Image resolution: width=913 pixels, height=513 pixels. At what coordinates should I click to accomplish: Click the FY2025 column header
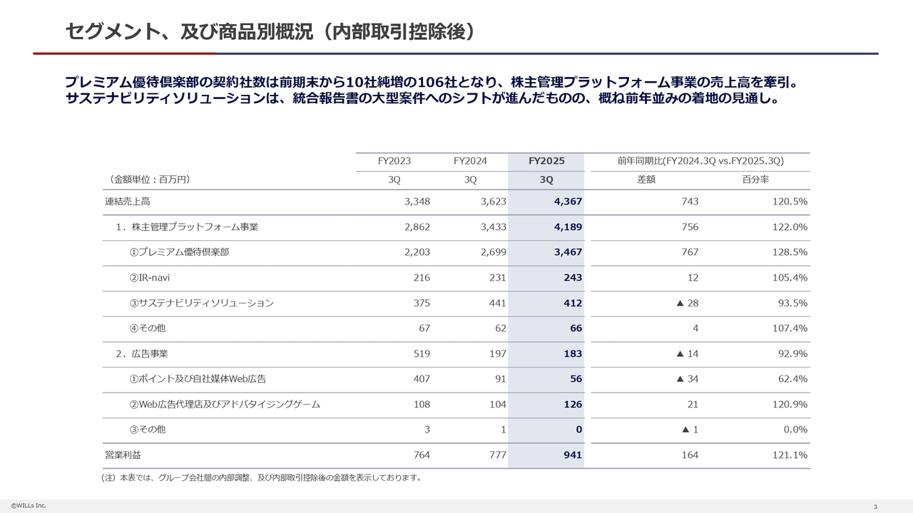(546, 161)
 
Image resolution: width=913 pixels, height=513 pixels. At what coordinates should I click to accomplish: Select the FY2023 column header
(394, 161)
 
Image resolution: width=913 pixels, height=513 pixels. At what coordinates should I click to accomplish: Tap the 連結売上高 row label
(128, 202)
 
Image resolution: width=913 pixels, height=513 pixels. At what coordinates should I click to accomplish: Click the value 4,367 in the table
(568, 202)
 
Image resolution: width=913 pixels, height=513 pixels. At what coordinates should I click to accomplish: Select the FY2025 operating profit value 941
(573, 455)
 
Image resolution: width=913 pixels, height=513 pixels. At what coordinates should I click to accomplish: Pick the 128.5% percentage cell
(790, 252)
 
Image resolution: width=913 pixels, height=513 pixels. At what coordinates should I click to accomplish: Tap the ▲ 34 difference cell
(688, 378)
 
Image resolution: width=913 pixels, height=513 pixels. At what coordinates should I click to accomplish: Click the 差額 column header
(646, 180)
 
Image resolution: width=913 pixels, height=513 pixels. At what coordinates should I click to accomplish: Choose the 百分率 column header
(755, 180)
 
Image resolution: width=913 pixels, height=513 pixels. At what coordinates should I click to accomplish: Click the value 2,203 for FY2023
(417, 252)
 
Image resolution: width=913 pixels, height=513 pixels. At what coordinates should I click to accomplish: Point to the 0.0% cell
(795, 429)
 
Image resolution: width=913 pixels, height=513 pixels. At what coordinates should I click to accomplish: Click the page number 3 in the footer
(875, 507)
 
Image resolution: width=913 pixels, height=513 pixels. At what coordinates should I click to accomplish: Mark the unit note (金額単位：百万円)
(149, 180)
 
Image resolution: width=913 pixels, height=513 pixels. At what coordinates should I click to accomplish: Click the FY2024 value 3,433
(492, 227)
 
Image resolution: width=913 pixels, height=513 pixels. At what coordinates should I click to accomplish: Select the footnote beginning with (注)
(261, 477)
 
